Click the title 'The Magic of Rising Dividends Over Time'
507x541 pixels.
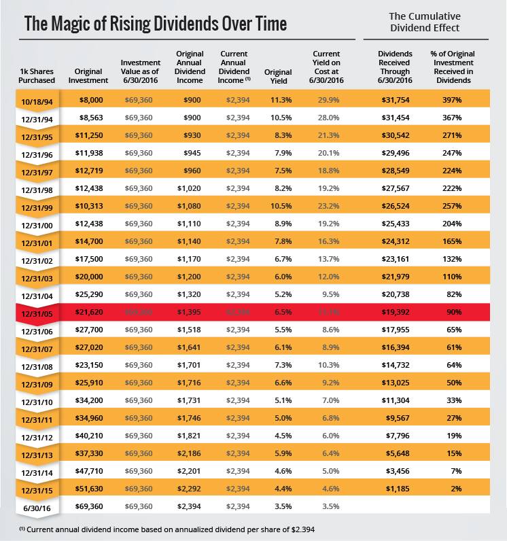[155, 24]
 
